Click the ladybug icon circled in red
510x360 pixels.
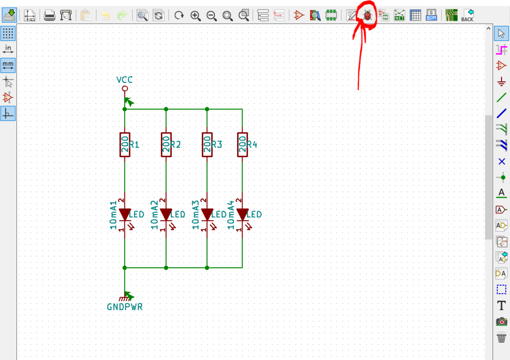(x=368, y=15)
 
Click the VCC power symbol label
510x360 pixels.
(x=125, y=80)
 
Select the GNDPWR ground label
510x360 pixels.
(x=125, y=307)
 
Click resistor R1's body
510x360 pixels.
(x=125, y=144)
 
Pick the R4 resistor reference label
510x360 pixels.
(x=252, y=144)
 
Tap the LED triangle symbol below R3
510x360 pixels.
(x=207, y=215)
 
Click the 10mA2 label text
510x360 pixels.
(x=154, y=215)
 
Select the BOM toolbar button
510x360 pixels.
(x=431, y=15)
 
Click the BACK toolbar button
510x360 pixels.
(x=467, y=15)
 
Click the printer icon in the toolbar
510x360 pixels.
(x=49, y=15)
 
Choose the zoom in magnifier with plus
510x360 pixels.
(x=195, y=15)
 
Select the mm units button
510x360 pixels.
(x=8, y=65)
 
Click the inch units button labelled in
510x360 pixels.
(x=8, y=49)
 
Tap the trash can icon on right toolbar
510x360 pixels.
(x=502, y=337)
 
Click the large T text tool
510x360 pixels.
(x=502, y=306)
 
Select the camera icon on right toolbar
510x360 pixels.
(x=502, y=322)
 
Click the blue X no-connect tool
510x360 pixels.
(x=502, y=161)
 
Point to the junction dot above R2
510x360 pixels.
(x=166, y=109)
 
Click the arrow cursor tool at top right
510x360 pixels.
(x=501, y=33)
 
